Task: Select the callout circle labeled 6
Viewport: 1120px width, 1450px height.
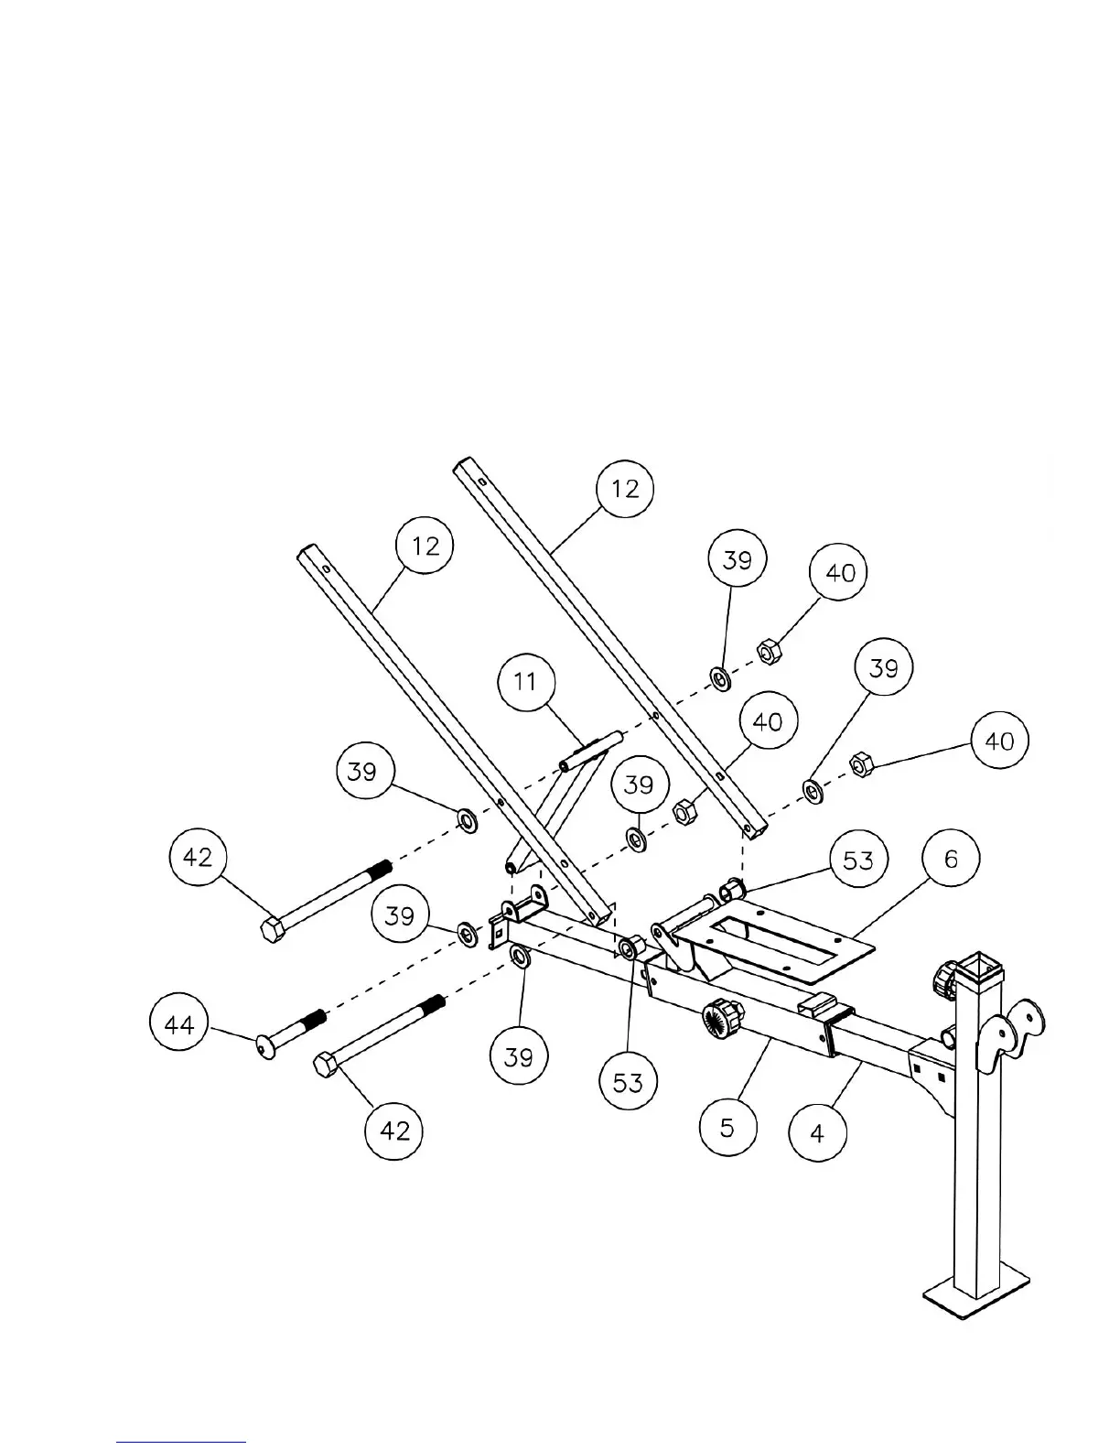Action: click(x=951, y=860)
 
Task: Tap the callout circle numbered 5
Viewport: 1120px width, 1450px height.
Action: click(x=727, y=1126)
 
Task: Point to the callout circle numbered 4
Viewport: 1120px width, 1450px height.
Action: click(x=817, y=1133)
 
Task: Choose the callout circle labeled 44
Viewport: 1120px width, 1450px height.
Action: click(x=178, y=1024)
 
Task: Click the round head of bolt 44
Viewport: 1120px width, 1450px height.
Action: click(x=265, y=1046)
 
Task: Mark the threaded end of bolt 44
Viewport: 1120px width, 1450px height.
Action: click(x=312, y=1021)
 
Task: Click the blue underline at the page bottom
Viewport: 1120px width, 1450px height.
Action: click(x=181, y=1442)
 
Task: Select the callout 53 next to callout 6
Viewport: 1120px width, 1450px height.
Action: click(x=857, y=860)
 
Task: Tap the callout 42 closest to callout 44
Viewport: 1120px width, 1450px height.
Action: click(x=394, y=1131)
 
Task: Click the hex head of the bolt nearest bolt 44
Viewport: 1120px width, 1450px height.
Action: click(x=327, y=1066)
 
